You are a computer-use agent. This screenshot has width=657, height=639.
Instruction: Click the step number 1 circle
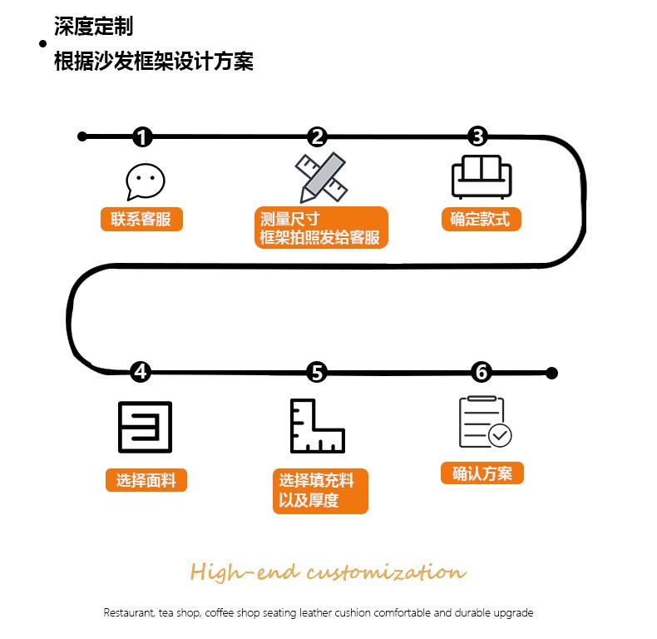142,137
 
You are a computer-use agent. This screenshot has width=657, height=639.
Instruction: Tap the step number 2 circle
317,137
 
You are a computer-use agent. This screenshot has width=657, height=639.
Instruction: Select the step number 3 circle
477,136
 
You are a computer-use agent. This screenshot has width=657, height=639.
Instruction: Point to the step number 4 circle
141,372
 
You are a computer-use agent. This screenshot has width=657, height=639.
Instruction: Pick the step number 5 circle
317,372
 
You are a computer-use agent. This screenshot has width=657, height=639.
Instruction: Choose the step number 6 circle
482,372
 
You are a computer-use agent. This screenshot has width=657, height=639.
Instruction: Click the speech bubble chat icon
145,181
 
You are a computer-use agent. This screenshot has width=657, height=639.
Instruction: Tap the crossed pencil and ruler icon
321,177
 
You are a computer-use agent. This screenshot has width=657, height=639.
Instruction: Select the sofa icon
482,176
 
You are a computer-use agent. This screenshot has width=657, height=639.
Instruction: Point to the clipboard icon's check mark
500,435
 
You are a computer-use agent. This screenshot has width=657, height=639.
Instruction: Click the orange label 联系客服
141,219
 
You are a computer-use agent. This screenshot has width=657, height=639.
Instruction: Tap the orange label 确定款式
481,219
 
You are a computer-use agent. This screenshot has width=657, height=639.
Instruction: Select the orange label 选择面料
146,480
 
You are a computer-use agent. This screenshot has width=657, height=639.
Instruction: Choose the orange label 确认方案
482,473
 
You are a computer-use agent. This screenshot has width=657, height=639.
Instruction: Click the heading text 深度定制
93,26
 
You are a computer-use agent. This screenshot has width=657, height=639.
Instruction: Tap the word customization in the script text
387,572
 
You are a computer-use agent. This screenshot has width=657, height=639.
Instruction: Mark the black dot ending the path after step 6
552,373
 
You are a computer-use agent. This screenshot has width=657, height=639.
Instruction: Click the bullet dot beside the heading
42,43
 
